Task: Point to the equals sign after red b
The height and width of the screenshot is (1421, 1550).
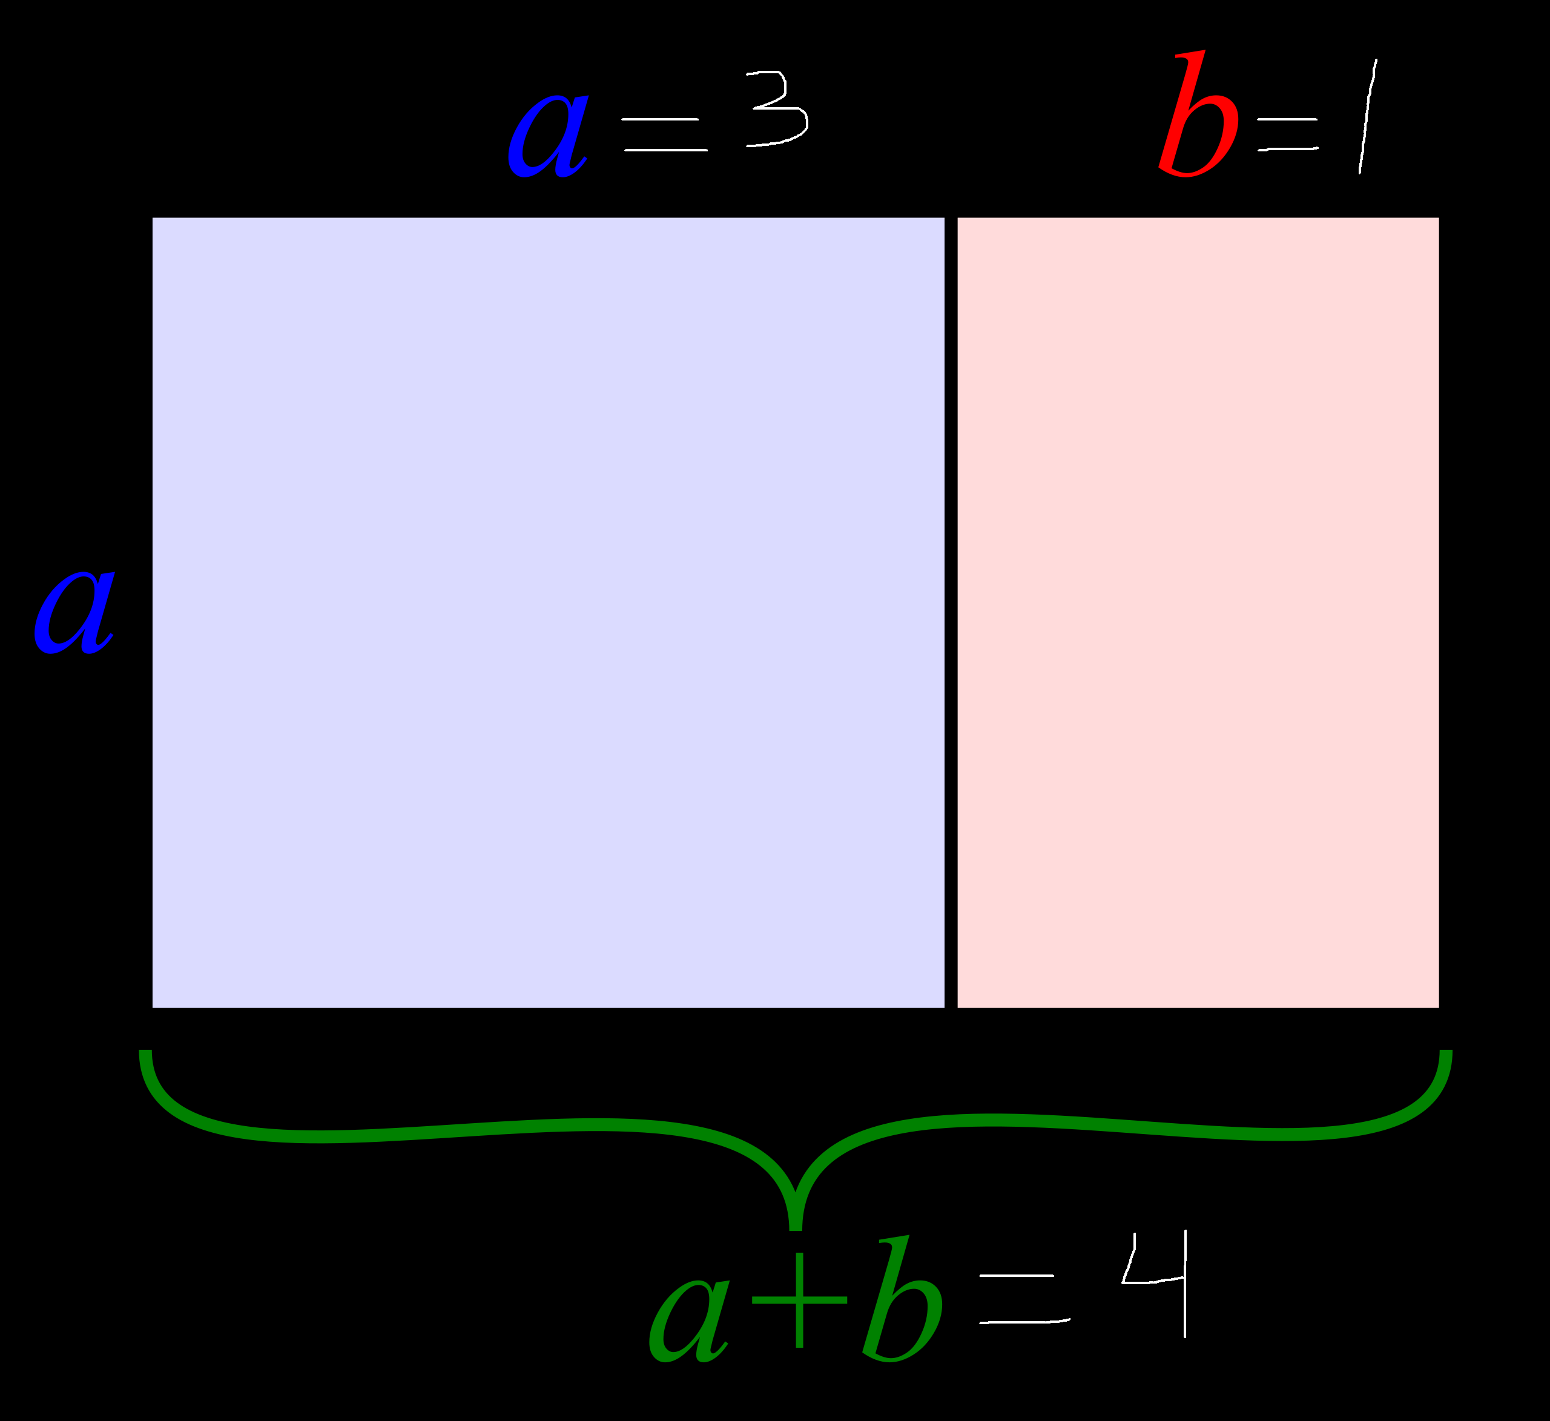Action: point(1288,134)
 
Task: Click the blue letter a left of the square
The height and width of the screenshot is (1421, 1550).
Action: point(74,613)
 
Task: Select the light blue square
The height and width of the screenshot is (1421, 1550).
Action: point(548,613)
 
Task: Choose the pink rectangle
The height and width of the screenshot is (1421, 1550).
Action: point(1198,613)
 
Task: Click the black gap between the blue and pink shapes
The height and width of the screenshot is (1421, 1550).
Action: point(951,613)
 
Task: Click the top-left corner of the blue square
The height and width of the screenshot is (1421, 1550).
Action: point(154,219)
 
